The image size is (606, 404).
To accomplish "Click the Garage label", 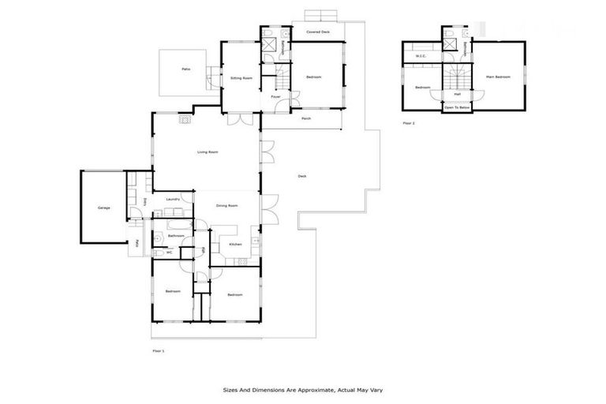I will (103, 208).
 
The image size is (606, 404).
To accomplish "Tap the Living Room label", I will (208, 151).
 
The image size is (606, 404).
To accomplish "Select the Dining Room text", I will (227, 206).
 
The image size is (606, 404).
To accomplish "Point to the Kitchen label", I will (234, 245).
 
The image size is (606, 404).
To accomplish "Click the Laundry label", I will (173, 199).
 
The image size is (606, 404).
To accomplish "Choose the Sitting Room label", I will (241, 79).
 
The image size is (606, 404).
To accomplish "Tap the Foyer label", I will (275, 96).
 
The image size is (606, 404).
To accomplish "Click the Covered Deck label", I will (318, 32).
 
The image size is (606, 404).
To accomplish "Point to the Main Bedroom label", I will (498, 77).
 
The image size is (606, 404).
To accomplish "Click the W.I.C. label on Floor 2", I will (421, 56).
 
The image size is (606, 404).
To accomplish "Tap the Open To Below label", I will (457, 107).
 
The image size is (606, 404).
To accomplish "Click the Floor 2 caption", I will (409, 124).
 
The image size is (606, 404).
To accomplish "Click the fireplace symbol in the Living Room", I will (184, 120).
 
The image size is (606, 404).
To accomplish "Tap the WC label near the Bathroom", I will (169, 252).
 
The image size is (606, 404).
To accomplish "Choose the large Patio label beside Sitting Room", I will (185, 69).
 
